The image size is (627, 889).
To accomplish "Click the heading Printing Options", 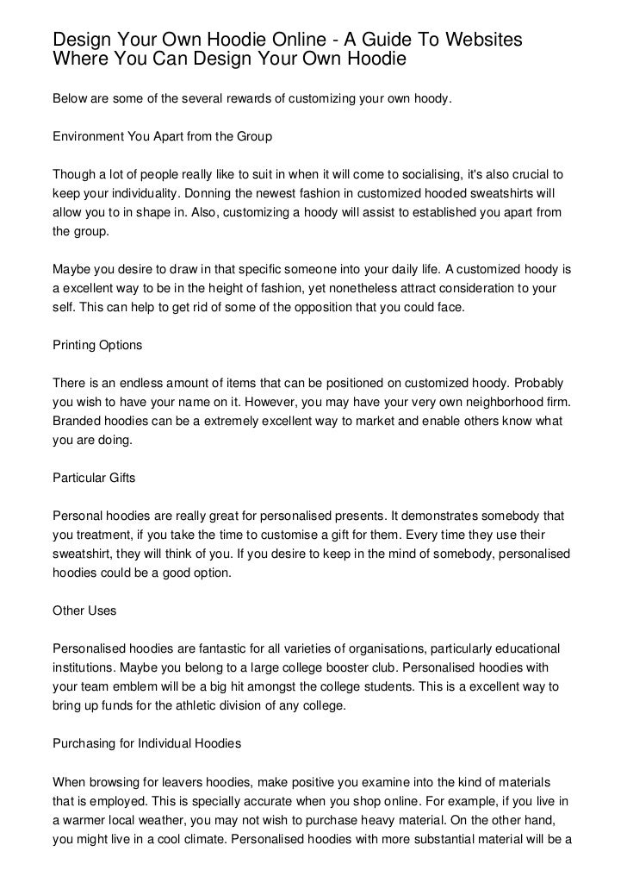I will (x=97, y=346).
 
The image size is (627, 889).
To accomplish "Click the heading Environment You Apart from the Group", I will (x=163, y=136).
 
